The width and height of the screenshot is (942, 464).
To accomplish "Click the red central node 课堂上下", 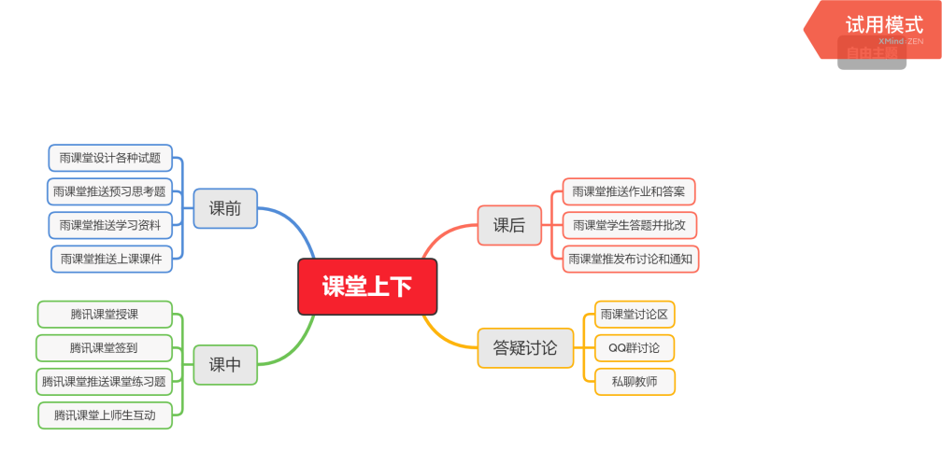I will point(367,287).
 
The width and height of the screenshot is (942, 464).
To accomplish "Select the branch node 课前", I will point(225,208).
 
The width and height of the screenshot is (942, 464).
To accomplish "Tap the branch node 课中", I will point(225,364).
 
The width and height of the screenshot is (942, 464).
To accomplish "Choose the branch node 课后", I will point(509,225).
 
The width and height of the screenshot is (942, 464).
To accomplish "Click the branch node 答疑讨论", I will point(525,348).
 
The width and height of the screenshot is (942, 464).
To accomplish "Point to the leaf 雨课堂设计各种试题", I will point(110,158).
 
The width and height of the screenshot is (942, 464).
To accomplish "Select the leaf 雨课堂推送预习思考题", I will point(110,191).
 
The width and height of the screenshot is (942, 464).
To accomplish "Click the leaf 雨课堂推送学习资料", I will point(110,225).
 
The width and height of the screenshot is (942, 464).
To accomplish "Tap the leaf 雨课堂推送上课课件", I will point(111,259).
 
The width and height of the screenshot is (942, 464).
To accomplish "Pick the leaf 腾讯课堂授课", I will point(105,314).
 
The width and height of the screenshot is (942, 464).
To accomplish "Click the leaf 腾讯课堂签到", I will point(105,347).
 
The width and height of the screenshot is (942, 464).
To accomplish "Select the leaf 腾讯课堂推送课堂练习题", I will point(105,381).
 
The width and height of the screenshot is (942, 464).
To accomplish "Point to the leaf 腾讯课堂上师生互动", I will point(106,415).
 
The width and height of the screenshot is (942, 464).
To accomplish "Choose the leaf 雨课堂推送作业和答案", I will point(628,191).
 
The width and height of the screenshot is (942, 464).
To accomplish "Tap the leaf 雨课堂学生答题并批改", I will point(629,225).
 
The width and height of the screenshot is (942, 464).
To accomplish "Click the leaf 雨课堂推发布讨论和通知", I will point(630,259).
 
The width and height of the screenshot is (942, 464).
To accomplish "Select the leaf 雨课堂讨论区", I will point(635,314).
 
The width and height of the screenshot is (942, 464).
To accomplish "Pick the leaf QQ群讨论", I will point(635,347).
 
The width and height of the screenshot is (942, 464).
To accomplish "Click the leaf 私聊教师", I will point(635,381).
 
